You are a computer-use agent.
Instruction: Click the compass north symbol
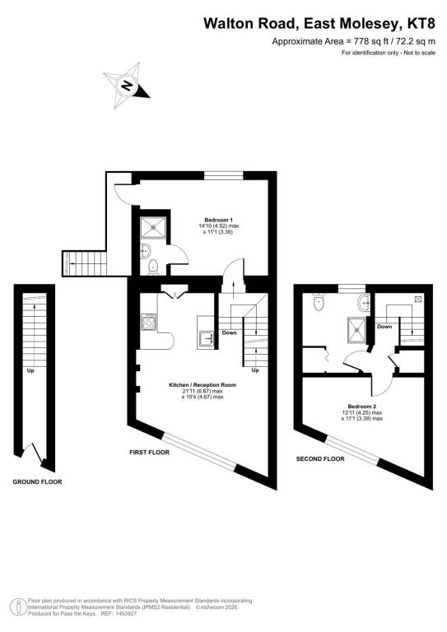[x=127, y=86]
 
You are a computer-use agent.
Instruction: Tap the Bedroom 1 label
[x=218, y=220]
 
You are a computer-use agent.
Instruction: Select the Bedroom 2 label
[x=362, y=407]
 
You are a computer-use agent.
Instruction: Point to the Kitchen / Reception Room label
[x=203, y=385]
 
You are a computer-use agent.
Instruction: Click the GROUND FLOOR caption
[x=38, y=481]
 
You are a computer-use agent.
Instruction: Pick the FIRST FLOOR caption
[x=149, y=453]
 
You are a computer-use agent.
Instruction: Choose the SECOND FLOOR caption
[x=320, y=458]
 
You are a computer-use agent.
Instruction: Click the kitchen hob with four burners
[x=148, y=323]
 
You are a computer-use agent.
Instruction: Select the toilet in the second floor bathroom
[x=319, y=302]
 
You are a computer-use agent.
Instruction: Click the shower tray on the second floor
[x=356, y=329]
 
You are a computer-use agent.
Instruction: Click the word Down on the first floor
[x=230, y=332]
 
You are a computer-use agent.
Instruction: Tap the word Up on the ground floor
[x=30, y=370]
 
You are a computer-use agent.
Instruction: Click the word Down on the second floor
[x=384, y=327]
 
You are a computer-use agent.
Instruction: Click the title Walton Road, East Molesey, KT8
[x=319, y=23]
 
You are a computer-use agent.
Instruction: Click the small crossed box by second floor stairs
[x=418, y=299]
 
